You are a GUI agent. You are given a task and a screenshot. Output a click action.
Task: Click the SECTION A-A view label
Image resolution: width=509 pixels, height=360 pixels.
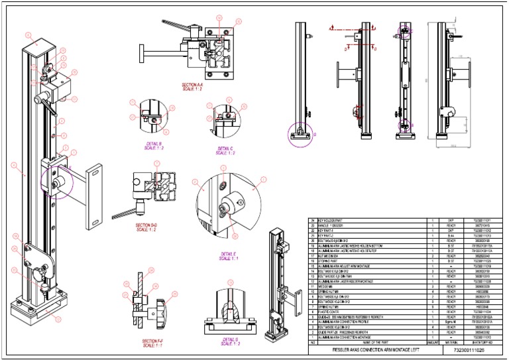[x=192, y=87]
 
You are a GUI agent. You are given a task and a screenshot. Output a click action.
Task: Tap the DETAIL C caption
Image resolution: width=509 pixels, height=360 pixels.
[x=220, y=149]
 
